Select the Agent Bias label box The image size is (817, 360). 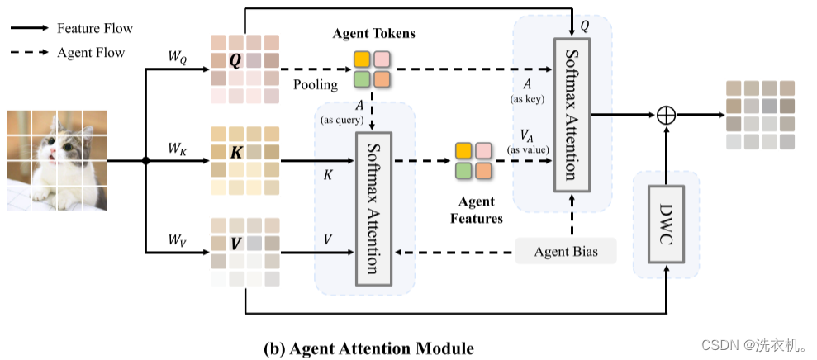(566, 251)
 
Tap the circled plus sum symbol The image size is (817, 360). (666, 116)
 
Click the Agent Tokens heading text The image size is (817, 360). (373, 34)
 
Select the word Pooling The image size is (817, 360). (315, 85)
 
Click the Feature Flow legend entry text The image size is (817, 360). (94, 28)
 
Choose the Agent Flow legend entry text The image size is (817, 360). (91, 52)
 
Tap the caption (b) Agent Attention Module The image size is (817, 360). (368, 347)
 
